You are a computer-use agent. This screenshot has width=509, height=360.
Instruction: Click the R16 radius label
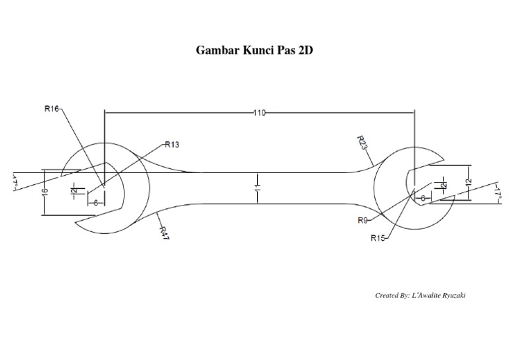point(52,109)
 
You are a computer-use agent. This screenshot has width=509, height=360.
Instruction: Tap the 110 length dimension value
point(258,113)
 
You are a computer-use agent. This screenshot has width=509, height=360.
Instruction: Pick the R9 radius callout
point(363,219)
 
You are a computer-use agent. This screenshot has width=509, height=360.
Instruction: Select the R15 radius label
point(378,237)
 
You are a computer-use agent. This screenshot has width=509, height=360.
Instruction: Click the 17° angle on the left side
point(13,182)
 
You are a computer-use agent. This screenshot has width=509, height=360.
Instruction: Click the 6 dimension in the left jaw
point(95,203)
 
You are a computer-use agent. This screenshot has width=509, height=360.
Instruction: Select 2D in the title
point(304,50)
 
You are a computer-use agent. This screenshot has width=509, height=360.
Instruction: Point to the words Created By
point(392,295)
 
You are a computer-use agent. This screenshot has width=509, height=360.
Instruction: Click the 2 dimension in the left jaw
point(74,192)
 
